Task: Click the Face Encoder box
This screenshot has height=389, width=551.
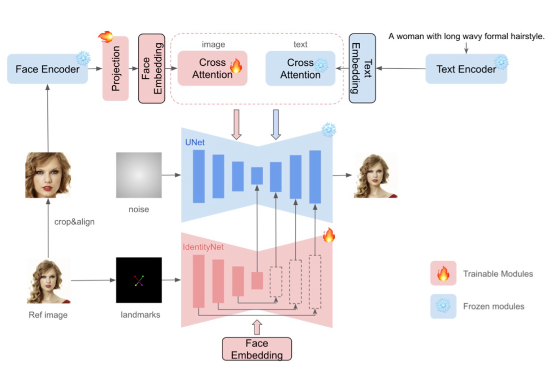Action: (x=47, y=69)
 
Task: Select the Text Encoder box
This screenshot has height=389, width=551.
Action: (x=466, y=69)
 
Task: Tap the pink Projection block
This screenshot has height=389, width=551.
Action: (x=116, y=68)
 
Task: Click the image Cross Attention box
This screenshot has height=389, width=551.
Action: (x=212, y=68)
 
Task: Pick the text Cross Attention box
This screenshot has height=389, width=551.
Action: (x=300, y=68)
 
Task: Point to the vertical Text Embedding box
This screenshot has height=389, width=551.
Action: (x=362, y=68)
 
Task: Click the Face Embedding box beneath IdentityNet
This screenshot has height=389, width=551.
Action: (x=257, y=349)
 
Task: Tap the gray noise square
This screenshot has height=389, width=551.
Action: (x=139, y=175)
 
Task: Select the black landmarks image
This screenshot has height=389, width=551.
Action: (x=139, y=280)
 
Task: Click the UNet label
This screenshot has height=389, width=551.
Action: (x=195, y=142)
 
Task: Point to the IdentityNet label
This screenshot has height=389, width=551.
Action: (x=203, y=247)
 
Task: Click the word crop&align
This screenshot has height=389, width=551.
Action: (x=74, y=222)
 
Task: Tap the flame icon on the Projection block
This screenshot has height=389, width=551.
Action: (x=106, y=36)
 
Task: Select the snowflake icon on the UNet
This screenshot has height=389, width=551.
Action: (x=329, y=130)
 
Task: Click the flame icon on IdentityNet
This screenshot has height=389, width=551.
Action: (x=329, y=235)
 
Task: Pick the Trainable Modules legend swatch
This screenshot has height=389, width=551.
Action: (x=443, y=273)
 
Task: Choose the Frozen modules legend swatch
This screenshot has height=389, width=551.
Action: (x=443, y=306)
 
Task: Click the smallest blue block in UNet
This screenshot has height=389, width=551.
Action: (x=257, y=175)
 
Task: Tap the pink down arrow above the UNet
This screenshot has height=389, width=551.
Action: (x=237, y=124)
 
